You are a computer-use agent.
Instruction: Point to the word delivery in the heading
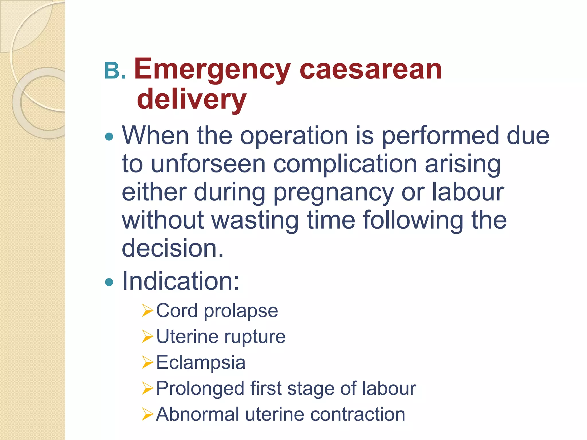191,99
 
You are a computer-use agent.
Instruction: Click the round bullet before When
109,137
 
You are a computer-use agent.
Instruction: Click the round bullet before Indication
109,282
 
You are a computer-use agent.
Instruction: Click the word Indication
181,281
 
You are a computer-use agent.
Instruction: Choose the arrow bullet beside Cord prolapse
148,311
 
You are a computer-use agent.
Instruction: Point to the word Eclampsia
201,363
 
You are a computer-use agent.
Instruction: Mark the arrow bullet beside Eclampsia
148,363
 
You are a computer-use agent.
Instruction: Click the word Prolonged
200,389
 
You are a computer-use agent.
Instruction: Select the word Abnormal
197,415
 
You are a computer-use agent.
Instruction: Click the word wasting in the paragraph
255,221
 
